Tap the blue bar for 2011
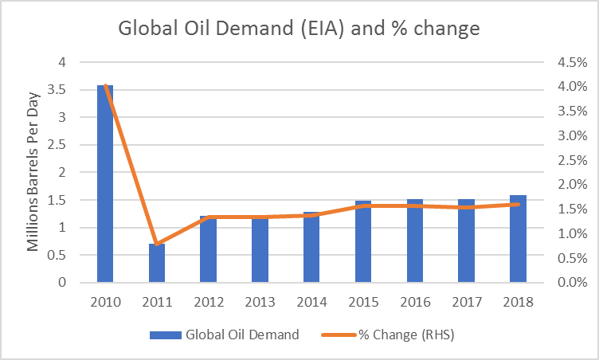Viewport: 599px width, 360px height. click(x=157, y=263)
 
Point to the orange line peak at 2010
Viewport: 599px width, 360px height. click(x=106, y=85)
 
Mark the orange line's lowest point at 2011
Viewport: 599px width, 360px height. click(x=157, y=244)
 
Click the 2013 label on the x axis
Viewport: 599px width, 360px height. click(x=260, y=302)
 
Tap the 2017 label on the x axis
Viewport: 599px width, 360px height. click(x=466, y=302)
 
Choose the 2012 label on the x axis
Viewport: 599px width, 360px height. click(x=209, y=302)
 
